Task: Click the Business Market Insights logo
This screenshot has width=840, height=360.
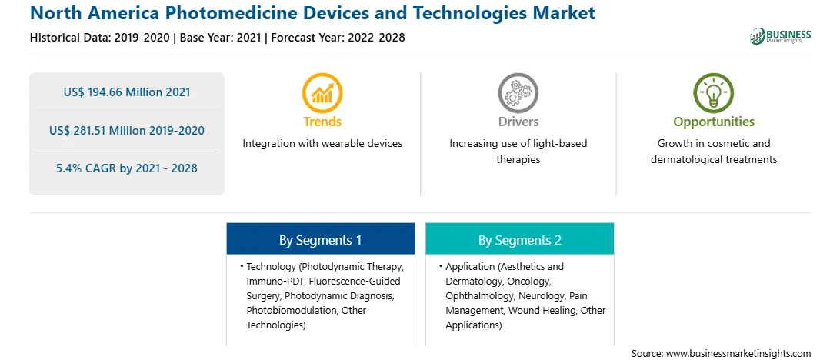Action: point(780,36)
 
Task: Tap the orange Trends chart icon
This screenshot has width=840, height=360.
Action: point(322,92)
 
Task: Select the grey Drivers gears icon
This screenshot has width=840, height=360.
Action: point(518,92)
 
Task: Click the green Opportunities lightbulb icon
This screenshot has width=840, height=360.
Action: point(714,92)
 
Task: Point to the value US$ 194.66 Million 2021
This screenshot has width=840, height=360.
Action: point(127,92)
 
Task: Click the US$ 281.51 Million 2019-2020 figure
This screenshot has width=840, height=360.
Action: point(127,130)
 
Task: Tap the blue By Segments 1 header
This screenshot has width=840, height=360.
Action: point(320,239)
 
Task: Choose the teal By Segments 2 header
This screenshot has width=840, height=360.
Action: point(520,239)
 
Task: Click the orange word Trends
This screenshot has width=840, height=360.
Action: point(322,122)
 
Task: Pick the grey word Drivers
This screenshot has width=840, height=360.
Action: point(518,122)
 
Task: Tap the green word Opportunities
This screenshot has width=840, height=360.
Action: point(714,122)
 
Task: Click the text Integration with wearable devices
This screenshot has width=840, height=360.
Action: point(322,144)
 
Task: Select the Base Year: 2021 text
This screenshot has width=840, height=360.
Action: point(221,38)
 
